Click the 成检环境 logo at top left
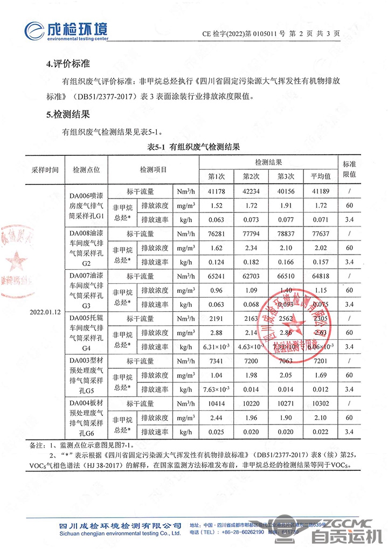click(x=67, y=31)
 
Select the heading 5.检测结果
click(x=67, y=114)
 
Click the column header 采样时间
click(x=45, y=169)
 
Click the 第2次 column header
click(x=251, y=176)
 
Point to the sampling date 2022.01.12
click(x=45, y=312)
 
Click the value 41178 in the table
click(x=216, y=191)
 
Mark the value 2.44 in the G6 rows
click(x=216, y=417)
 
